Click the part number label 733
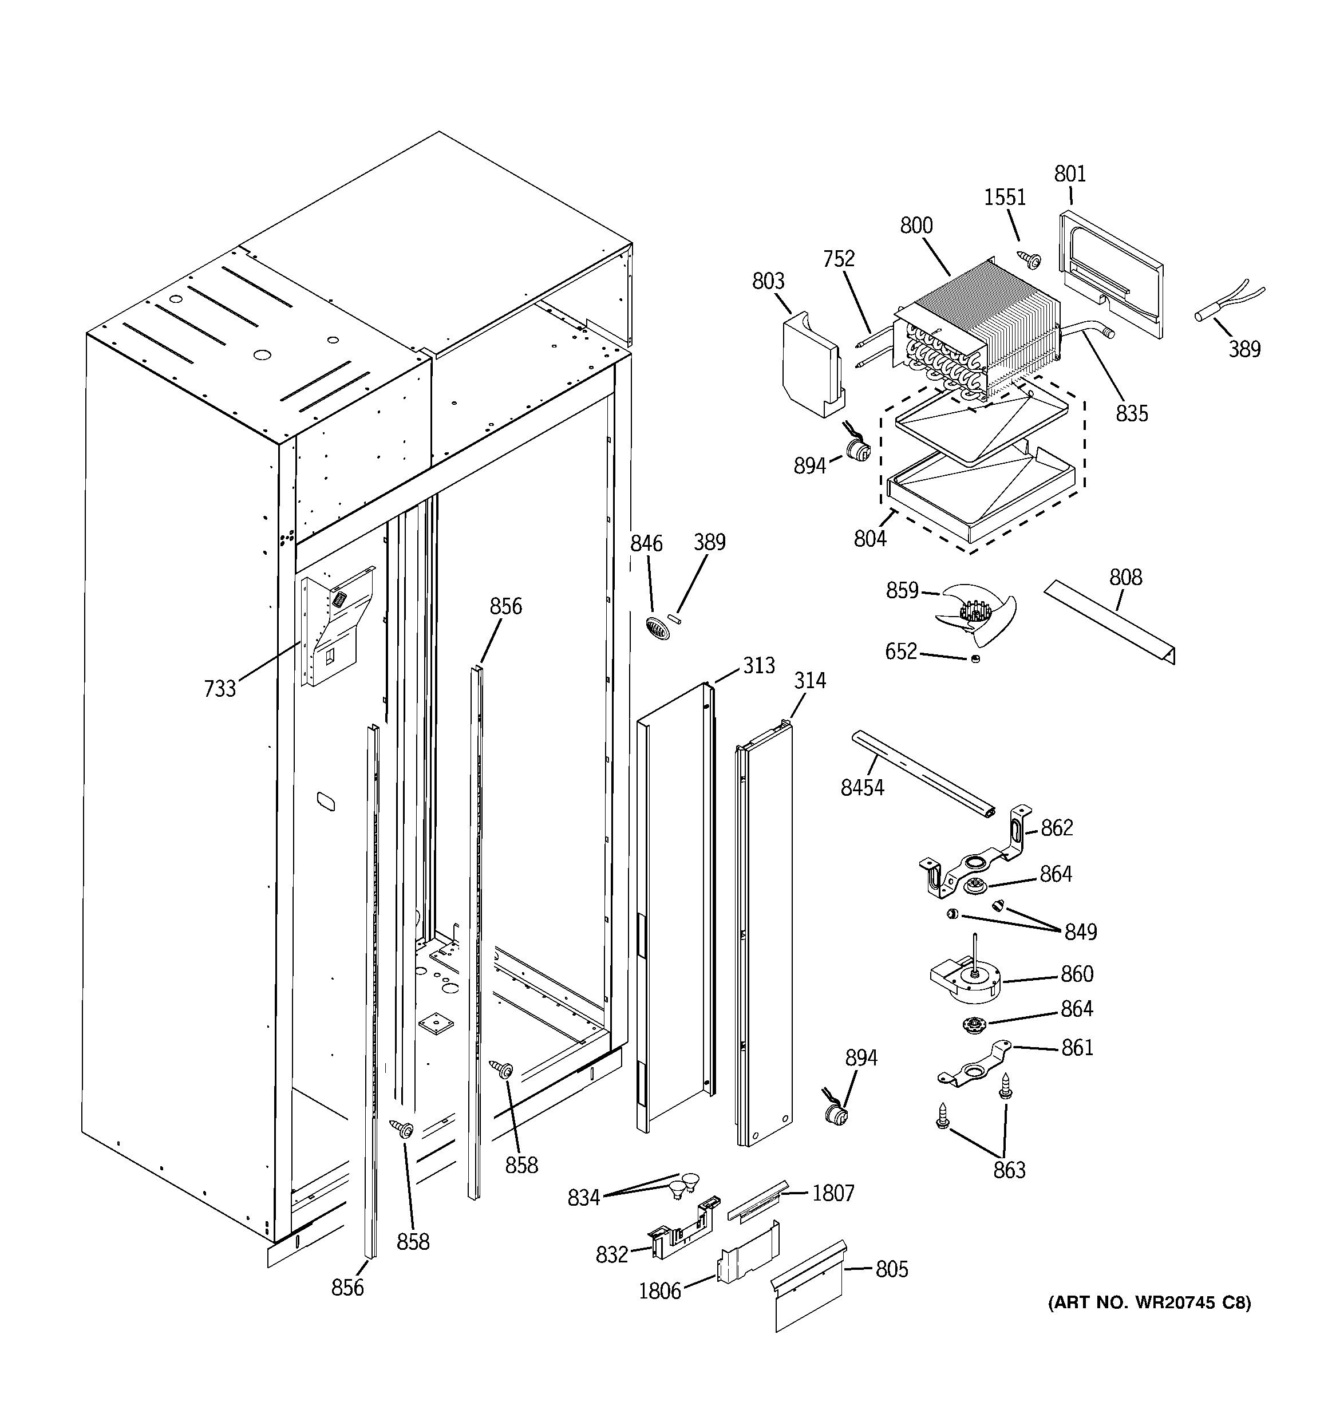(x=220, y=689)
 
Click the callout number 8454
(x=862, y=788)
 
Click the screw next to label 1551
(x=1029, y=259)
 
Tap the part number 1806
(x=659, y=1291)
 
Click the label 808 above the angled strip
(x=1125, y=577)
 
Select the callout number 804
(x=869, y=539)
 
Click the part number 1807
(x=833, y=1193)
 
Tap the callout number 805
(x=891, y=1269)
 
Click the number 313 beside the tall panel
(x=758, y=665)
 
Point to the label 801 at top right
(x=1069, y=173)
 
